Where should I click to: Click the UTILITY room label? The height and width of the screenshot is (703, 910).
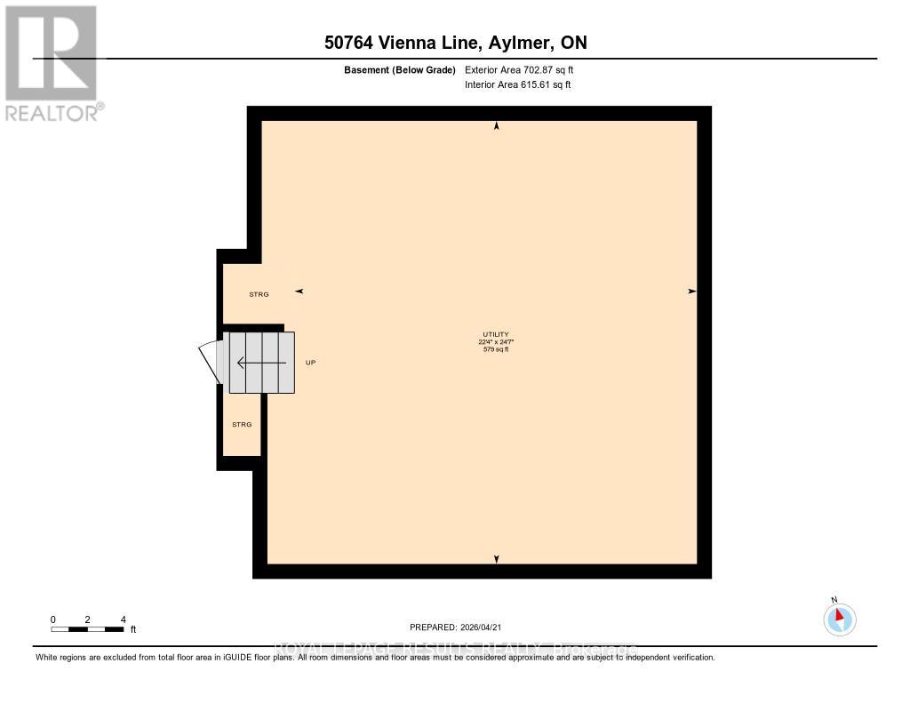496,334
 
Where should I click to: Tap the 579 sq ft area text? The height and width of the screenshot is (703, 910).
496,349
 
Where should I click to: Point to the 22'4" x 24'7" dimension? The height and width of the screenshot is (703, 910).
496,341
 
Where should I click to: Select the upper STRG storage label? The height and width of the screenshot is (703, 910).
259,293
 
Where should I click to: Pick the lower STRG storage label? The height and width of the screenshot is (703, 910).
242,425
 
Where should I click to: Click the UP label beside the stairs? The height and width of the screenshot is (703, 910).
310,363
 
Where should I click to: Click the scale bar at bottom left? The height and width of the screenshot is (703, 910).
87,629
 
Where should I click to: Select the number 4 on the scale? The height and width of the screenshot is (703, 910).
123,619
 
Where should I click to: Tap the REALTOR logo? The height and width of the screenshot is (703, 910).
51,62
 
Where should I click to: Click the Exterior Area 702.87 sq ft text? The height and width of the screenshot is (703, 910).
525,69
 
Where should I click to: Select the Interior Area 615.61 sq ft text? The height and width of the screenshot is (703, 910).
518,84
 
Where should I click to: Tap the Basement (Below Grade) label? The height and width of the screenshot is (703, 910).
400,69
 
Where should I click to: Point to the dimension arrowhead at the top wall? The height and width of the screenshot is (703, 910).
497,127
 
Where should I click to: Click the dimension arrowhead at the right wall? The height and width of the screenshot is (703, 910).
691,292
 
